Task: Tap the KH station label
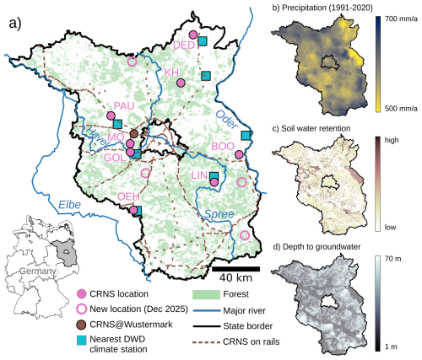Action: tap(172, 73)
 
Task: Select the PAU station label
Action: tap(123, 106)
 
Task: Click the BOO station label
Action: tap(223, 145)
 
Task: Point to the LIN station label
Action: tap(199, 175)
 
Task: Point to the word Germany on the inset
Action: tap(35, 271)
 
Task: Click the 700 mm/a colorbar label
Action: tap(401, 19)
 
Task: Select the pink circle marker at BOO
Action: tap(240, 154)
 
